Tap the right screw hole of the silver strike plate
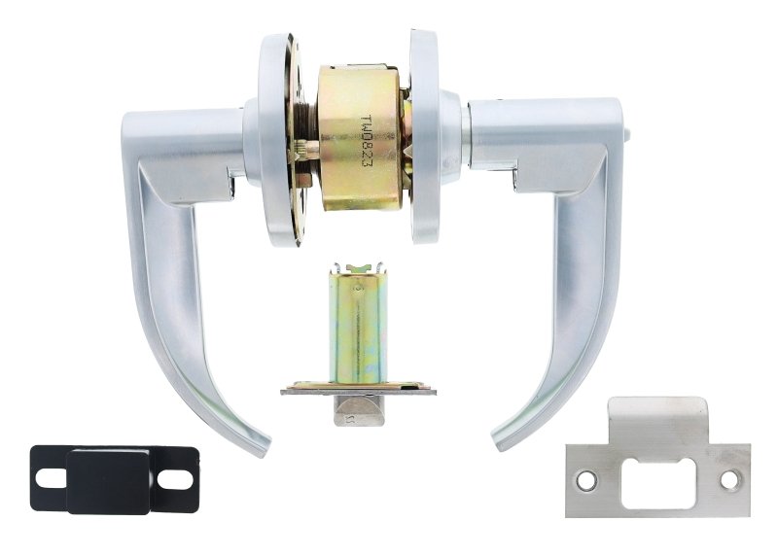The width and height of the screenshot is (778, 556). click(x=728, y=479)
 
